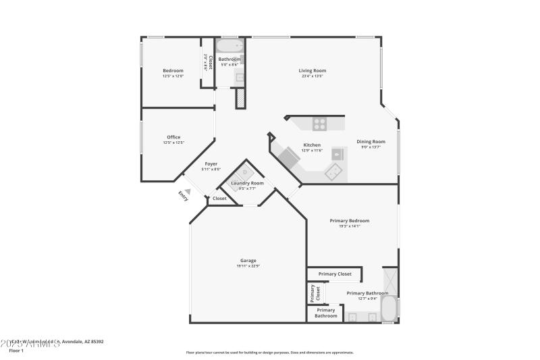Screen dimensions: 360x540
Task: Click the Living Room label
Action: [x=313, y=70]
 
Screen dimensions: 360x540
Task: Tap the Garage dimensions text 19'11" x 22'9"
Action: [x=248, y=266]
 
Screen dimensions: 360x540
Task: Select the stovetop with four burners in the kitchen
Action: [x=319, y=124]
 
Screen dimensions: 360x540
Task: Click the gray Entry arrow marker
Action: [x=188, y=191]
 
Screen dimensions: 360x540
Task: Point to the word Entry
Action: [x=183, y=195]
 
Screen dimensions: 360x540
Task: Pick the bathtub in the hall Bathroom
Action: [x=230, y=47]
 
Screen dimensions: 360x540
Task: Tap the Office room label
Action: [x=173, y=137]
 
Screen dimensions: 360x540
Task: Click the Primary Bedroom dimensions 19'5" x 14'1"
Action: [x=349, y=226]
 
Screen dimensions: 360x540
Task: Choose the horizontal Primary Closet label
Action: [x=335, y=274]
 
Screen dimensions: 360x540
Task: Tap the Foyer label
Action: [x=211, y=163]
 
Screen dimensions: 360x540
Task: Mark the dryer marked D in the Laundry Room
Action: [x=245, y=172]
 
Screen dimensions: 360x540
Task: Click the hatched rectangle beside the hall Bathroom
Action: [x=240, y=98]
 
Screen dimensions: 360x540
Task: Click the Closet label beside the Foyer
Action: [x=220, y=199]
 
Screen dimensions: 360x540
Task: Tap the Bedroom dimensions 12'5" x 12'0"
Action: [x=173, y=76]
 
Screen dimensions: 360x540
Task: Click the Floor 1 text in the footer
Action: [x=16, y=351]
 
